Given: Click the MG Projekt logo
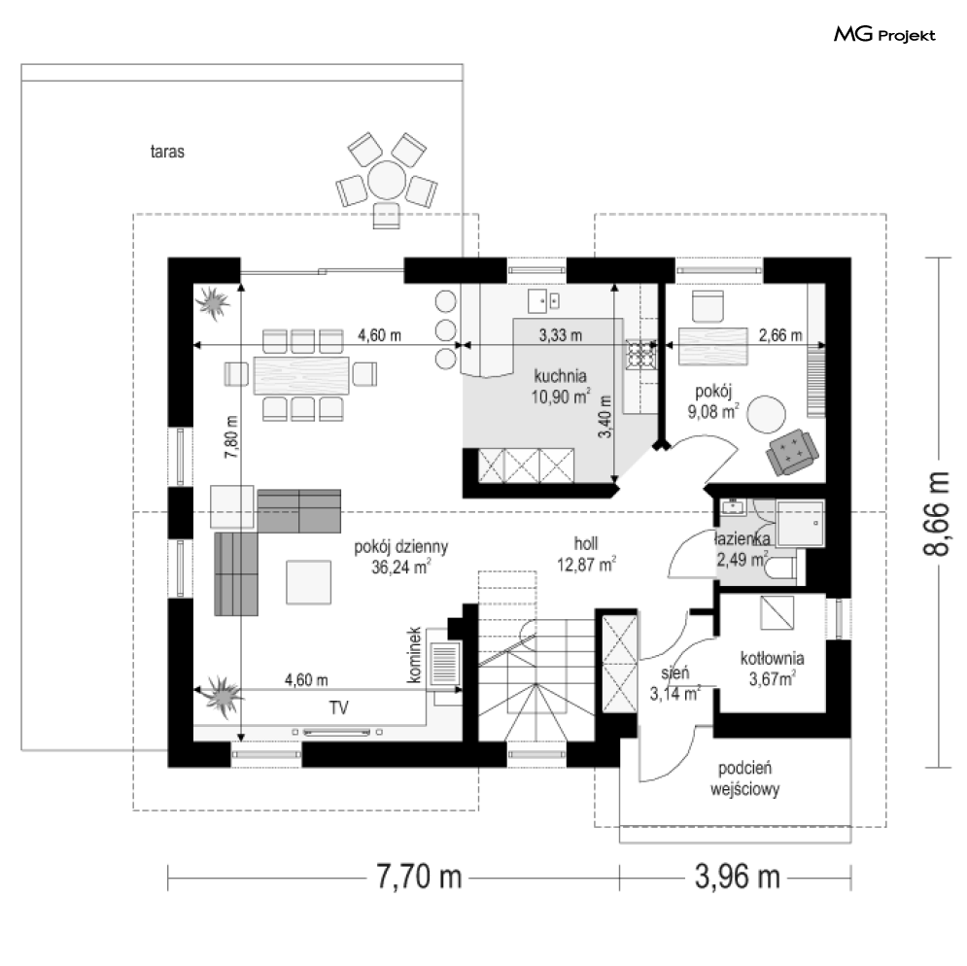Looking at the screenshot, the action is (884, 35).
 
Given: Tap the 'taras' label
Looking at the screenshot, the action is (167, 152).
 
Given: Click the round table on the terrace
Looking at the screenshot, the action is (387, 180).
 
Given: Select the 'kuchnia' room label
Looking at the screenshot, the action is (560, 376).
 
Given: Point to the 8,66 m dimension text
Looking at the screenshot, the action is (937, 513).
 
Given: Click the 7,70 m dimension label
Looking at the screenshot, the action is (420, 877).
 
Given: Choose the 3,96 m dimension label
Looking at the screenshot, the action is (738, 877).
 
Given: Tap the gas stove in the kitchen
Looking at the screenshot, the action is (641, 355).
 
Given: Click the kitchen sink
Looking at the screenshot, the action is (544, 300).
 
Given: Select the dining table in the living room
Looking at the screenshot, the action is (301, 375).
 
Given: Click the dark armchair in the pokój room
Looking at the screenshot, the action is (792, 453).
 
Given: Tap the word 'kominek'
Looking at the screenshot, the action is (414, 655).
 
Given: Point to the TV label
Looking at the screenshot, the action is (338, 707).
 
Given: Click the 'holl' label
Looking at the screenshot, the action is (586, 543).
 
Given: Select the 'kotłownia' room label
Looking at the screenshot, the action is (772, 658).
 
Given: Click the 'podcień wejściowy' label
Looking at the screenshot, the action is (745, 778).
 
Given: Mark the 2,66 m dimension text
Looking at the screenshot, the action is (780, 335).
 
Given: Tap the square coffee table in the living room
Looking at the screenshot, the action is (308, 582).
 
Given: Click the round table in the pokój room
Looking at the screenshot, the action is (767, 414).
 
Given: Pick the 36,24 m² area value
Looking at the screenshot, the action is (400, 567).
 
